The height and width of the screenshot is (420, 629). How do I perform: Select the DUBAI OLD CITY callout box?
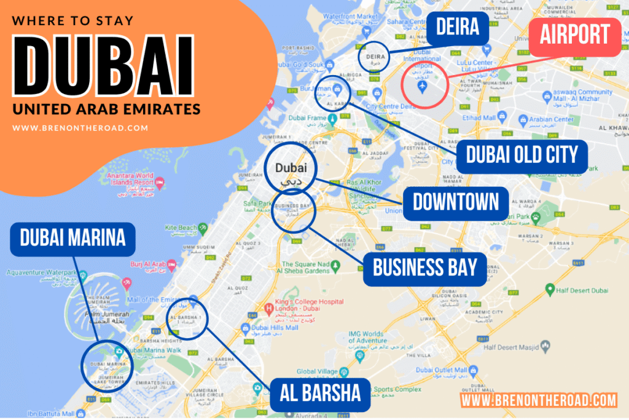522,155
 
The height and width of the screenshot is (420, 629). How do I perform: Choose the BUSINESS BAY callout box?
424,269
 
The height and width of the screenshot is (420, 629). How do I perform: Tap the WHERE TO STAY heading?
72,20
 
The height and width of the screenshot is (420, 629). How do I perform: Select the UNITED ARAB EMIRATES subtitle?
106,109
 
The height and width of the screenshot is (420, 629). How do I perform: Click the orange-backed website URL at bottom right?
539,400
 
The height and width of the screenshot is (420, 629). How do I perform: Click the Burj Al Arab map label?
147,265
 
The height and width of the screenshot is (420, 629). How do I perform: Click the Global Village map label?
315,371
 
